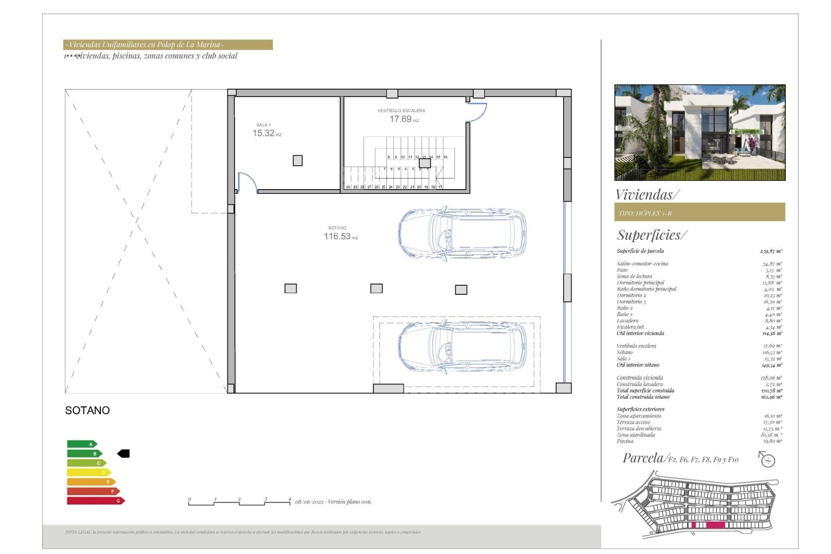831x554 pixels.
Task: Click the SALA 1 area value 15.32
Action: tap(264, 133)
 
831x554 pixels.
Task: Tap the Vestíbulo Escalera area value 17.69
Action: tap(400, 119)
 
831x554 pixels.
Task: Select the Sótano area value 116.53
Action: tap(337, 236)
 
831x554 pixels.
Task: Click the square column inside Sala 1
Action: tap(297, 161)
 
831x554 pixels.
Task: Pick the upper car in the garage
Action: tap(462, 234)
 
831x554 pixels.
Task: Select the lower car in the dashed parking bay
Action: tap(462, 345)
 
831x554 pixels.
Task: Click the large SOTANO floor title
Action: tap(87, 410)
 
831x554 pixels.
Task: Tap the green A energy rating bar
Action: tap(82, 444)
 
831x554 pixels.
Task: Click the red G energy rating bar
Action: tap(96, 501)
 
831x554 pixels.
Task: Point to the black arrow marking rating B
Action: tap(124, 454)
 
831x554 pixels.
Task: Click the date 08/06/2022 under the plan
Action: tap(309, 502)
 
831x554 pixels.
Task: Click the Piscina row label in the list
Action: tap(625, 441)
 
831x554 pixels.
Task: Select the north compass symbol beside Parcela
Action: tap(767, 460)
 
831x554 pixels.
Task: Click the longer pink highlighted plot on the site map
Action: tap(715, 525)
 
